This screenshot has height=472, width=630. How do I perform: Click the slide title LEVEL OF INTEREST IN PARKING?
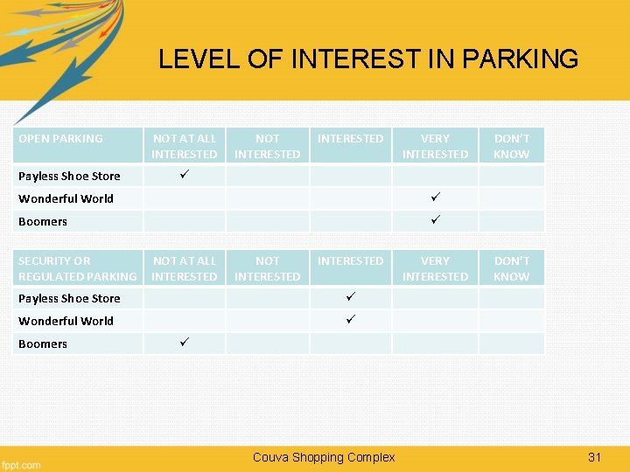pyautogui.click(x=367, y=59)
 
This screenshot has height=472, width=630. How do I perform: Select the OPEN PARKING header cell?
pyautogui.click(x=60, y=138)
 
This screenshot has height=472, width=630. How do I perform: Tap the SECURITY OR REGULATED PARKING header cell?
pyautogui.click(x=77, y=268)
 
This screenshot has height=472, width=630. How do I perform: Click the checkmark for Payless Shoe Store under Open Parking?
pyautogui.click(x=183, y=175)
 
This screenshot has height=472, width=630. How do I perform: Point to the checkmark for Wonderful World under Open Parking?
pyautogui.click(x=435, y=198)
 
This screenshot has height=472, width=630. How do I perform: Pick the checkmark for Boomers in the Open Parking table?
pyautogui.click(x=435, y=220)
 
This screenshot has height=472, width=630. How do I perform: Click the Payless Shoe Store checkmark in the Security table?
pyautogui.click(x=350, y=297)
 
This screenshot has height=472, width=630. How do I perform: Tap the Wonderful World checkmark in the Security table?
pyautogui.click(x=350, y=320)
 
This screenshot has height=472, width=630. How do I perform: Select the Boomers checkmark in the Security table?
pyautogui.click(x=183, y=343)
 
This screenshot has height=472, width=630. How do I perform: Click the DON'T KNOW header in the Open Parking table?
pyautogui.click(x=511, y=146)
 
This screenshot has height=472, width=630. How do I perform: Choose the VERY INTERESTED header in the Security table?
pyautogui.click(x=435, y=268)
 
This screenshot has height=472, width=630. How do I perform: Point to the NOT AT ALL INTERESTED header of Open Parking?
pyautogui.click(x=184, y=146)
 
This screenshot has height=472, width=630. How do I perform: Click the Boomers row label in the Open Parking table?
pyautogui.click(x=43, y=221)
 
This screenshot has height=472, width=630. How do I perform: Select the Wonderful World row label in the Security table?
pyautogui.click(x=66, y=321)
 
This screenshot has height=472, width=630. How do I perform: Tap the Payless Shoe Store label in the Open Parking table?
pyautogui.click(x=69, y=176)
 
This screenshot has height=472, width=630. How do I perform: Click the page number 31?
pyautogui.click(x=595, y=457)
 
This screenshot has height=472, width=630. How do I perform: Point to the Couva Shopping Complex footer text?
pyautogui.click(x=324, y=457)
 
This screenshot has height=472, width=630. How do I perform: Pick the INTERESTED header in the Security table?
pyautogui.click(x=350, y=260)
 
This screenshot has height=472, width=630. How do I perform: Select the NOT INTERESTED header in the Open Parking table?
pyautogui.click(x=267, y=146)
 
